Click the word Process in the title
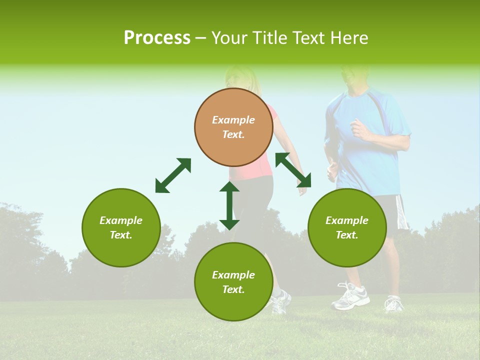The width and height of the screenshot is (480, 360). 157,38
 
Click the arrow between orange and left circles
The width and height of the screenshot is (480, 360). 173,175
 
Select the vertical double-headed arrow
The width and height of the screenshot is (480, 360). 229,205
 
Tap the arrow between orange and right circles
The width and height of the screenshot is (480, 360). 293,170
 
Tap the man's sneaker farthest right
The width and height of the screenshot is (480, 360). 393,303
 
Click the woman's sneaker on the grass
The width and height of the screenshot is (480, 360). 281,301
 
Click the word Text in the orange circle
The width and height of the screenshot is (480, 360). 233,134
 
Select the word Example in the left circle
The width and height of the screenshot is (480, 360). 121,220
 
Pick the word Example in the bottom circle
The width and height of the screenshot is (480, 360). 233,275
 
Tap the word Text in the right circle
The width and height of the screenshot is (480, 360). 347,235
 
